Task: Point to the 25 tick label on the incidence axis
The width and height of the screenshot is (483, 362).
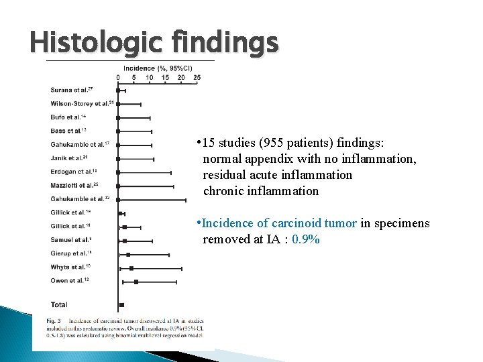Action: (x=197, y=77)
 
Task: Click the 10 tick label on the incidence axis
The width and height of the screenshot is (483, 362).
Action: (x=150, y=77)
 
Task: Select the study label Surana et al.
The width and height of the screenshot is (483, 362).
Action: (x=71, y=89)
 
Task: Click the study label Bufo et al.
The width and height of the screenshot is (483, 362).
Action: (x=68, y=117)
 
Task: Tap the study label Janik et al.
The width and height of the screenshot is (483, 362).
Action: (x=69, y=158)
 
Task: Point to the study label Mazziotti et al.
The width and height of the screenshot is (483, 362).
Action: (x=74, y=185)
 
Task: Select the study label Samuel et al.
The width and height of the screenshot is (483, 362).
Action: (x=71, y=239)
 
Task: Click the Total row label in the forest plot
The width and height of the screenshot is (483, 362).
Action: (x=59, y=305)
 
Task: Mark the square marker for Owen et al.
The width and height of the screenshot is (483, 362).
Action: (x=136, y=282)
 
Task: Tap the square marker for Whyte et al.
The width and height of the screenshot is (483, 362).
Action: (x=131, y=267)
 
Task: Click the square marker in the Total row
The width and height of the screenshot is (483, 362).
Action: (x=121, y=305)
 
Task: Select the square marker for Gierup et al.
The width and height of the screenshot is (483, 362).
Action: (x=128, y=254)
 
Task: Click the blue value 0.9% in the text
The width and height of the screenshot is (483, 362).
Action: (x=306, y=239)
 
